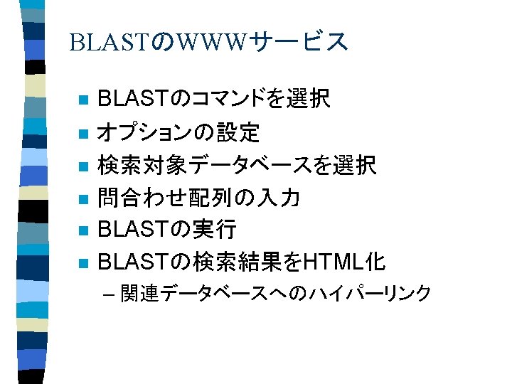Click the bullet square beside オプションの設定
[83, 134]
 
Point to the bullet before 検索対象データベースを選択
[83, 166]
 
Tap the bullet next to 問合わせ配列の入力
[83, 199]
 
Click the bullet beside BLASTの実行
[83, 232]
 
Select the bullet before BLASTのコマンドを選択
[83, 100]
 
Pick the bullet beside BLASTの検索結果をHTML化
[83, 265]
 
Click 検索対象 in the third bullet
[139, 165]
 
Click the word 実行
[215, 230]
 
